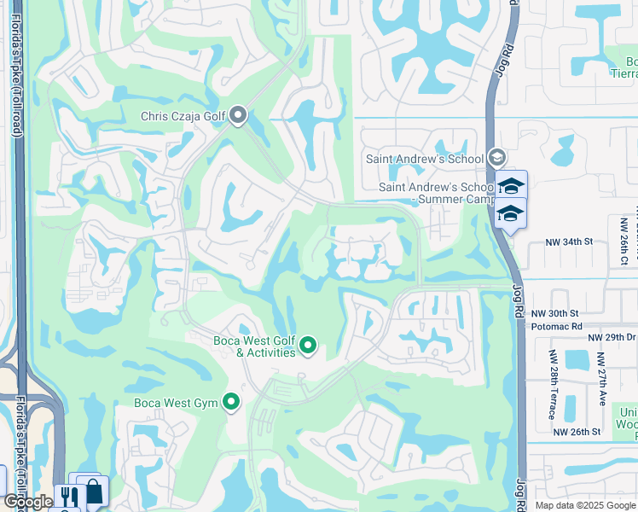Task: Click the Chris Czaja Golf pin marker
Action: (238, 114)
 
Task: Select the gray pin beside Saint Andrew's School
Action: (497, 158)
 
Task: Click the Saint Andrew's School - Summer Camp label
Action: (437, 193)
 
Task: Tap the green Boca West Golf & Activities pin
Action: (308, 346)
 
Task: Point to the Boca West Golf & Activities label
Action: (253, 346)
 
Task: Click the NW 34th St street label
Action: (569, 241)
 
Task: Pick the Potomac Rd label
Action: (556, 326)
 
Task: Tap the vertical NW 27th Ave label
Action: (600, 379)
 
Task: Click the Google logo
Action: (28, 502)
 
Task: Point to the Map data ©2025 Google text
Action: (585, 505)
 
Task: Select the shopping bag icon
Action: (93, 492)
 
